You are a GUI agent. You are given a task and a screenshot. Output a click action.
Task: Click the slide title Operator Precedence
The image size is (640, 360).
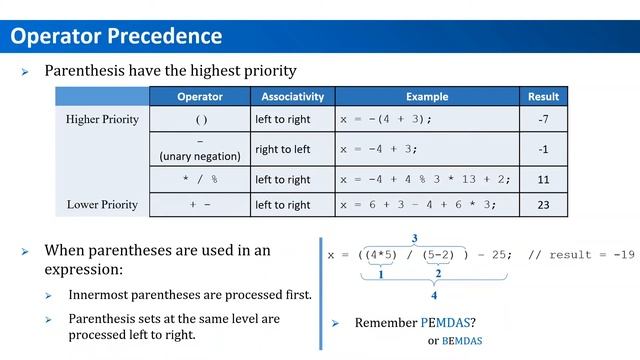point(116,37)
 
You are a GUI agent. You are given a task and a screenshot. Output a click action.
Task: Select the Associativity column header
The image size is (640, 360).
point(292,97)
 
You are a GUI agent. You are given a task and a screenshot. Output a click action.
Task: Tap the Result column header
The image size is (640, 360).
point(545,97)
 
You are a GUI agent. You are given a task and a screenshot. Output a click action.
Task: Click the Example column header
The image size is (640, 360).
point(427,97)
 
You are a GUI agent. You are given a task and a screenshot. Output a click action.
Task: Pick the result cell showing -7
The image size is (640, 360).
point(545,120)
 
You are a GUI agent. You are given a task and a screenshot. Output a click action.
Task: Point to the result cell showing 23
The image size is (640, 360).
point(545,205)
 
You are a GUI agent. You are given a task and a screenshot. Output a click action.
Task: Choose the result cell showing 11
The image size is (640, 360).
point(545,180)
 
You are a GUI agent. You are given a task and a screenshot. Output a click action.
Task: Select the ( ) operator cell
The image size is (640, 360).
point(200,120)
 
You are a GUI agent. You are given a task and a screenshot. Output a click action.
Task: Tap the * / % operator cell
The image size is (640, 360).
point(200,180)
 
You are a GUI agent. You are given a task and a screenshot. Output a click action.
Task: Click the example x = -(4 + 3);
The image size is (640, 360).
point(386,120)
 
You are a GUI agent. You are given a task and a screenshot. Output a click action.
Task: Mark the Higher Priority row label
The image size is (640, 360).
point(102,120)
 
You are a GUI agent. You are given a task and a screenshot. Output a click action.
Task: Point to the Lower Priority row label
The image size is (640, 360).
point(102,205)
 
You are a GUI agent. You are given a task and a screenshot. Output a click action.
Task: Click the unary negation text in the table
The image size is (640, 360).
point(200,156)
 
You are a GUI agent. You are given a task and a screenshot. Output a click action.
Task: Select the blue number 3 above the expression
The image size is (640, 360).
point(414,239)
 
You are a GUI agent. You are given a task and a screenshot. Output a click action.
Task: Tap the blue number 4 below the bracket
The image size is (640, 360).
point(433,297)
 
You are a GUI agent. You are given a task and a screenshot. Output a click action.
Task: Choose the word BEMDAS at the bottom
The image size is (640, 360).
point(461,341)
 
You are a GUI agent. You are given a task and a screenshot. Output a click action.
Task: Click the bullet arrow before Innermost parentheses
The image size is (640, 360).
point(50,296)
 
